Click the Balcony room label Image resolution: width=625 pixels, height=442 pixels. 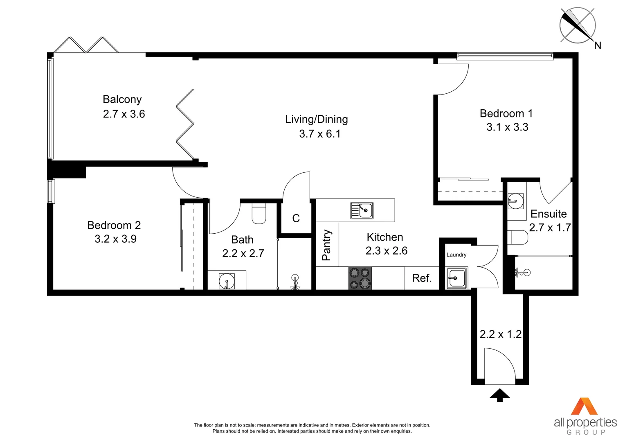[122, 99]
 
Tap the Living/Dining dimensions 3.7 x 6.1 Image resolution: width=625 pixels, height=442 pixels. [319, 134]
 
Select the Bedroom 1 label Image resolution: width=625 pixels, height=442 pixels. [506, 113]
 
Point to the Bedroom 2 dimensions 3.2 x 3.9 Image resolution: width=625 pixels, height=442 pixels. [115, 239]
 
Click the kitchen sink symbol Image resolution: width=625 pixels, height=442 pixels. [362, 210]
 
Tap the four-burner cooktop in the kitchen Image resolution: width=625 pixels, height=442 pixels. [360, 278]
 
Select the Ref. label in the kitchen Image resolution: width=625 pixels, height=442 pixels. [422, 278]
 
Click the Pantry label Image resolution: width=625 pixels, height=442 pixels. [326, 245]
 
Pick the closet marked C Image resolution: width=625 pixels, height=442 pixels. [296, 219]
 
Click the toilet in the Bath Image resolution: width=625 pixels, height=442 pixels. [259, 213]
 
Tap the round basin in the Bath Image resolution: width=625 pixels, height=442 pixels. [226, 281]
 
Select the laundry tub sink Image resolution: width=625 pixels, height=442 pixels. [456, 278]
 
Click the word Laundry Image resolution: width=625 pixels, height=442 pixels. [456, 255]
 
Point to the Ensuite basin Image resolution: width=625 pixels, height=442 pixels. [515, 201]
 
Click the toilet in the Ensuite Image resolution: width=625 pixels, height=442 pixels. [517, 237]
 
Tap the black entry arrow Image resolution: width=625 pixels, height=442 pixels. [499, 395]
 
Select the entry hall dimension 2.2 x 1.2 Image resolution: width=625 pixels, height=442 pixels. [500, 334]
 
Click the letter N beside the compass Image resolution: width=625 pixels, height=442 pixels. [598, 45]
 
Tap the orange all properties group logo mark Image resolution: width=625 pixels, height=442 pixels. [584, 406]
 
